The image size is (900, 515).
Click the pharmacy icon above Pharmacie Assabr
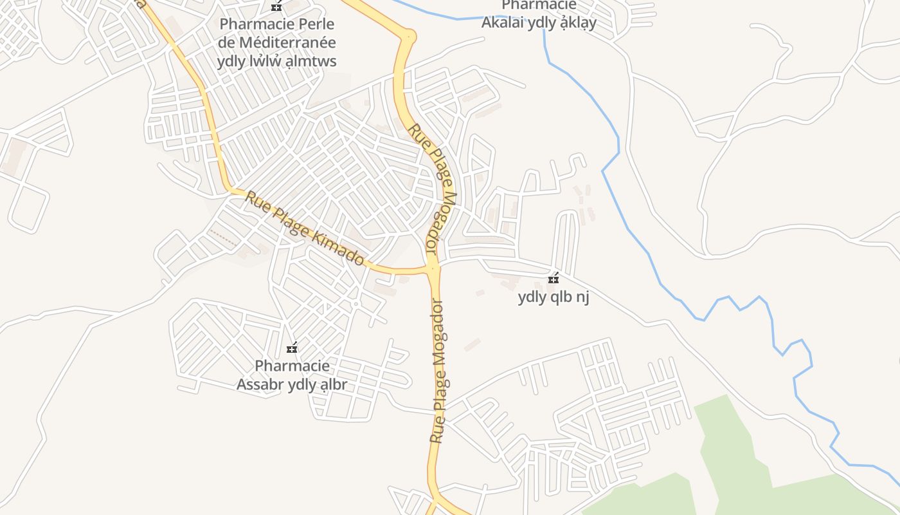pyautogui.click(x=292, y=348)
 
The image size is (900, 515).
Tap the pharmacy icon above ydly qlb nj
pyautogui.click(x=553, y=279)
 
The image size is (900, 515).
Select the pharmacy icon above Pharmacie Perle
pyautogui.click(x=276, y=6)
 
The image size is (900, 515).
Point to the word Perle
pyautogui.click(x=314, y=24)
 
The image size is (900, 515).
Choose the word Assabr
pyautogui.click(x=260, y=385)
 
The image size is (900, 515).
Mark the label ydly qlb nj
pyautogui.click(x=553, y=297)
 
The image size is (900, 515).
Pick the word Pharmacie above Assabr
pyautogui.click(x=292, y=366)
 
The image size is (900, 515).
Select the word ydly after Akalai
pyautogui.click(x=543, y=23)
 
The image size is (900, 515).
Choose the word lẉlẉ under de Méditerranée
pyautogui.click(x=265, y=61)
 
